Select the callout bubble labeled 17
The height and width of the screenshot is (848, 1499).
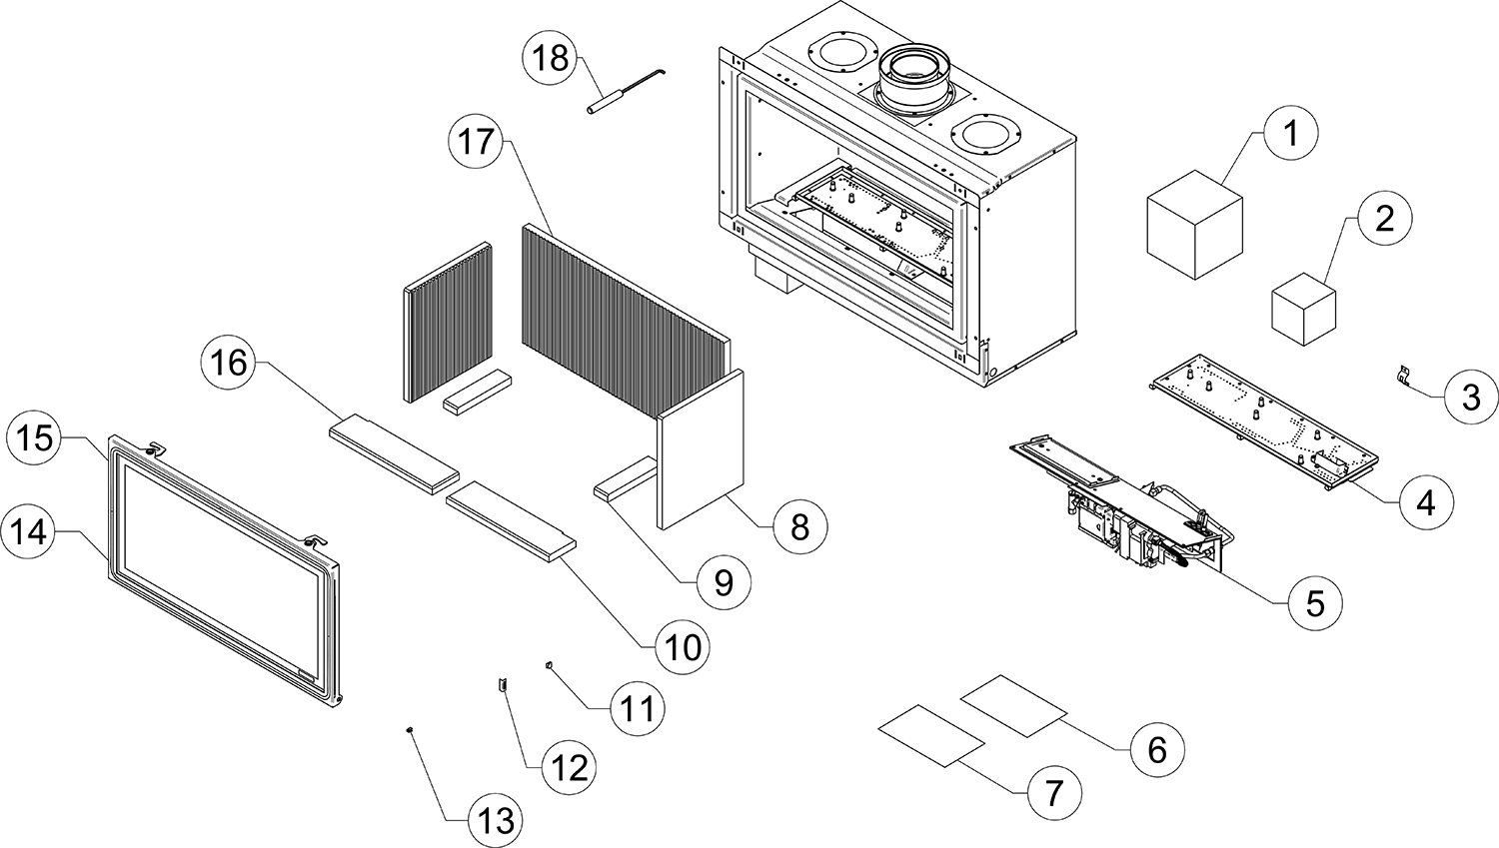(478, 141)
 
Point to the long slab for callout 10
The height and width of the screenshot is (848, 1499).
(512, 519)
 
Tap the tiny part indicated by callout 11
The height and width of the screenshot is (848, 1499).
(549, 663)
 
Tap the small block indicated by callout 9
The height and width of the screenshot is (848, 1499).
(624, 481)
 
